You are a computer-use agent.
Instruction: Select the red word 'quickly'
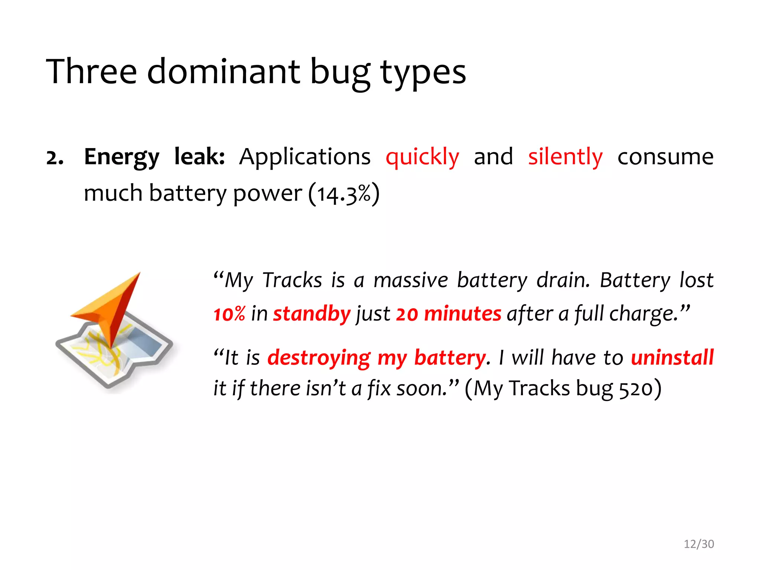(x=422, y=157)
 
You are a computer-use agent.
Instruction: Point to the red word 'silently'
(x=565, y=157)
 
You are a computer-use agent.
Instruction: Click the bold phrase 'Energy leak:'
(x=154, y=157)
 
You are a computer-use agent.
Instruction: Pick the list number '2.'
(x=55, y=158)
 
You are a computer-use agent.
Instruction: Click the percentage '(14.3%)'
(x=344, y=194)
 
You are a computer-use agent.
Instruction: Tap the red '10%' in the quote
(x=229, y=314)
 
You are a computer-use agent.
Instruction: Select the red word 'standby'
(x=312, y=314)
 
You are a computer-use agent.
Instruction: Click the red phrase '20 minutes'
(x=448, y=314)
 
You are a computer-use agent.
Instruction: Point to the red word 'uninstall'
(x=672, y=357)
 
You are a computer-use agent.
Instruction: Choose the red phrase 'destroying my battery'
(x=376, y=358)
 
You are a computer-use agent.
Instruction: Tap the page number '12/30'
(x=699, y=544)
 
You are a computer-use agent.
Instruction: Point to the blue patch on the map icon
(x=145, y=343)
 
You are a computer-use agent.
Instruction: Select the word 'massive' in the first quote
(x=410, y=280)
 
